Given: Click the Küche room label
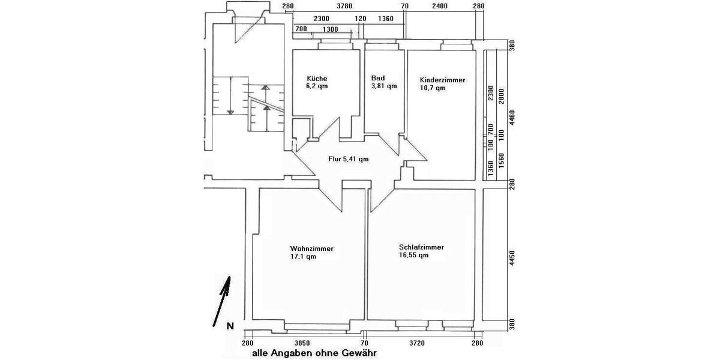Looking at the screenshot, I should click(317, 79).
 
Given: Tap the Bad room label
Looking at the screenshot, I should click(378, 78).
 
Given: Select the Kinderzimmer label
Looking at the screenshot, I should click(443, 80).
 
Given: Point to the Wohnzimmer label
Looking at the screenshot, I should click(311, 248).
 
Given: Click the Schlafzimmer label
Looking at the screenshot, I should click(421, 247).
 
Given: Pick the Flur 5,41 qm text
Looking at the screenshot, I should click(349, 160).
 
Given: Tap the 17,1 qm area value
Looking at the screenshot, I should click(303, 257).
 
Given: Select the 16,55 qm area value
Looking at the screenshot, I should click(413, 255).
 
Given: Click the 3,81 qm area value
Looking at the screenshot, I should click(384, 86).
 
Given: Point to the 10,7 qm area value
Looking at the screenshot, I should click(433, 88).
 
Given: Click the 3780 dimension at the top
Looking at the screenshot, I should click(344, 7).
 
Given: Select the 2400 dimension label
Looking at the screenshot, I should click(440, 7).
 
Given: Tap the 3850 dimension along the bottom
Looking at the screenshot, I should click(301, 343).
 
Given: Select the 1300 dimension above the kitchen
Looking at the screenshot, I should click(330, 29).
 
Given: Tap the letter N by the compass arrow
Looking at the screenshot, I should click(229, 326).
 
